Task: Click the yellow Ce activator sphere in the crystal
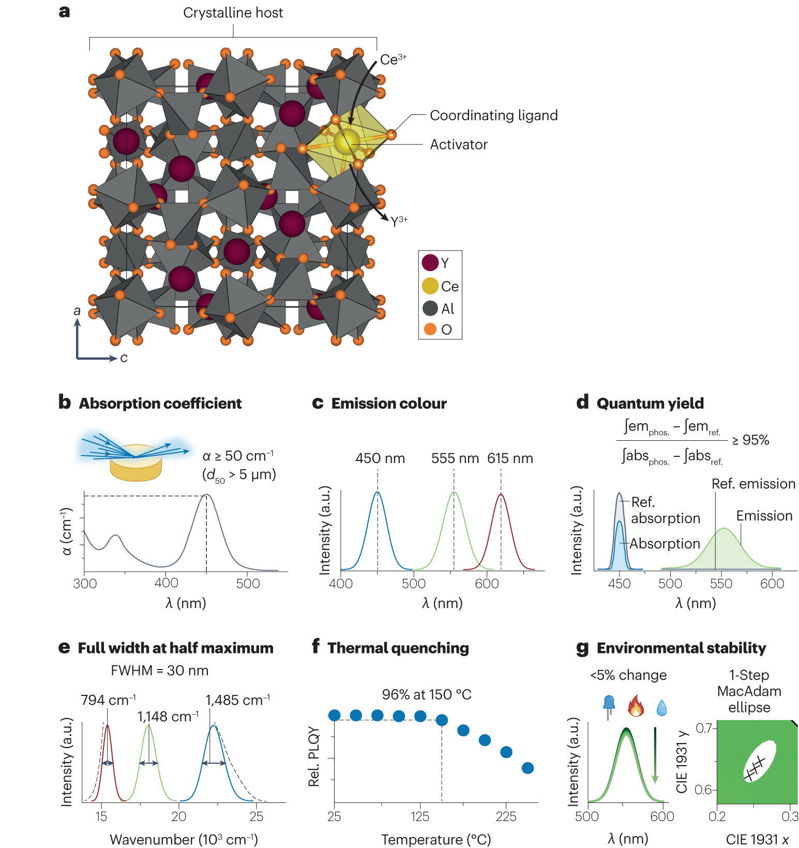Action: pyautogui.click(x=346, y=141)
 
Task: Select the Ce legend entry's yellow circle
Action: pyautogui.click(x=430, y=286)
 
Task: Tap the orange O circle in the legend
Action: pyautogui.click(x=430, y=329)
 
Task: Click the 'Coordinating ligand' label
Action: pyautogui.click(x=493, y=115)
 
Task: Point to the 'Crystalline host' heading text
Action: pyautogui.click(x=233, y=13)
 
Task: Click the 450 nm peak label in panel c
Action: pyautogui.click(x=380, y=458)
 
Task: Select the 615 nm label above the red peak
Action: pyautogui.click(x=510, y=458)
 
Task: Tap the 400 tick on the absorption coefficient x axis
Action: pyautogui.click(x=166, y=583)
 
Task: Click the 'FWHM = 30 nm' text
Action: pyautogui.click(x=159, y=671)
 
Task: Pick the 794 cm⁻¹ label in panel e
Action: pyautogui.click(x=108, y=701)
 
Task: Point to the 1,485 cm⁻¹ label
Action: pyautogui.click(x=237, y=701)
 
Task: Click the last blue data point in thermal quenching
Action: pyautogui.click(x=527, y=768)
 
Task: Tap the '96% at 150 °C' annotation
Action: pyautogui.click(x=427, y=694)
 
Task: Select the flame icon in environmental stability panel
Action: pyautogui.click(x=636, y=706)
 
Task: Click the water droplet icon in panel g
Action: pyautogui.click(x=661, y=707)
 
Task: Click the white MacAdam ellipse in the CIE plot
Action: pyautogui.click(x=760, y=761)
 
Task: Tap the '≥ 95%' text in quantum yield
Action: pyautogui.click(x=750, y=440)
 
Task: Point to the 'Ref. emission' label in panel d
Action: pyautogui.click(x=753, y=484)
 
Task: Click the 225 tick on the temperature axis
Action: pyautogui.click(x=506, y=816)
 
